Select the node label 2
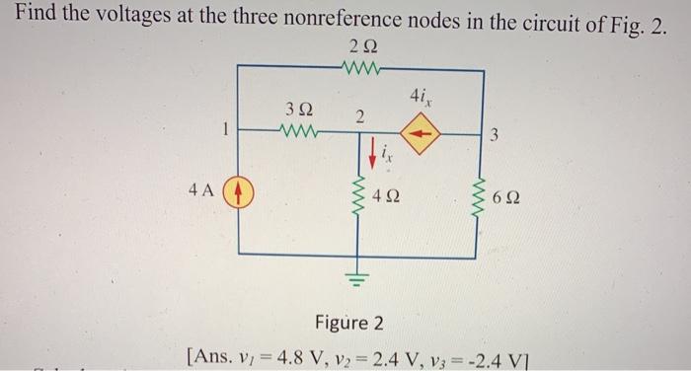[x=359, y=117]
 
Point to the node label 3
[x=497, y=136]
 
